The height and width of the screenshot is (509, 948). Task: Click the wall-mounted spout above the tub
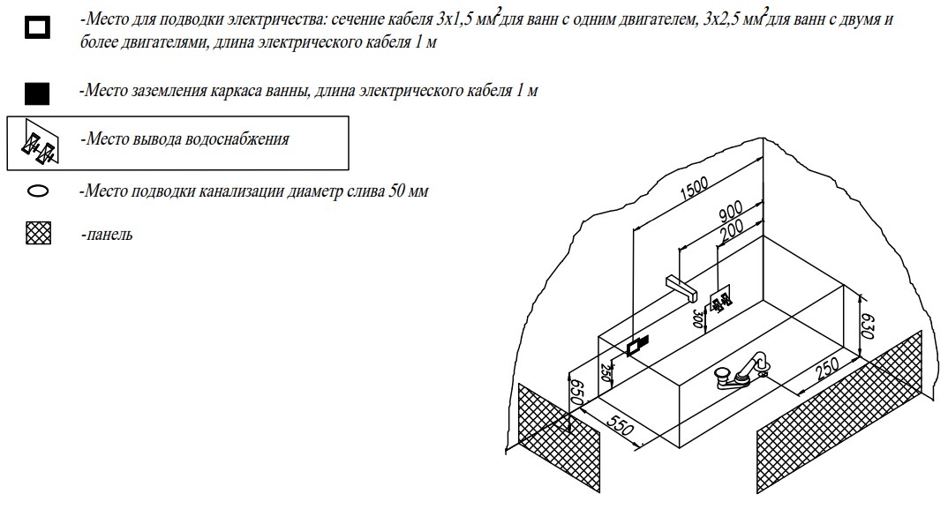(x=681, y=287)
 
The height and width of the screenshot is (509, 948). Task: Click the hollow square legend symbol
(x=37, y=28)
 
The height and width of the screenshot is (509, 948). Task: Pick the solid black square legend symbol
(x=37, y=93)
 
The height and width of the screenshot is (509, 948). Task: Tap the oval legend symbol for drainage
(x=38, y=191)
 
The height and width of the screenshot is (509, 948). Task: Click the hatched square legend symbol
(x=39, y=233)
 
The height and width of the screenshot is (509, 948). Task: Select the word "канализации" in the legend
(x=237, y=191)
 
